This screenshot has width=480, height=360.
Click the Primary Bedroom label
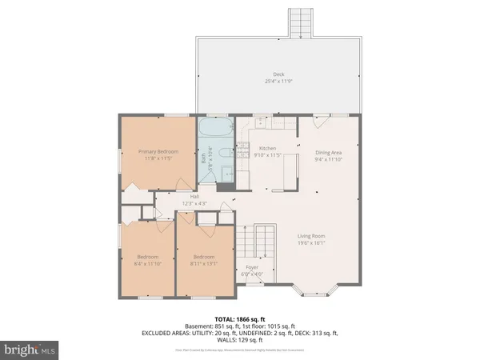(x=157, y=151)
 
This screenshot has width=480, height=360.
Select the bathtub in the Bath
(x=214, y=130)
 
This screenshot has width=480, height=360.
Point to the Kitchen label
(x=267, y=148)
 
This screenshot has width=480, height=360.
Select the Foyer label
(x=252, y=268)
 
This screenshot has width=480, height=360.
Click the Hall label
(x=194, y=196)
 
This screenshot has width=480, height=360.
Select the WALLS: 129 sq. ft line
(x=240, y=342)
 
